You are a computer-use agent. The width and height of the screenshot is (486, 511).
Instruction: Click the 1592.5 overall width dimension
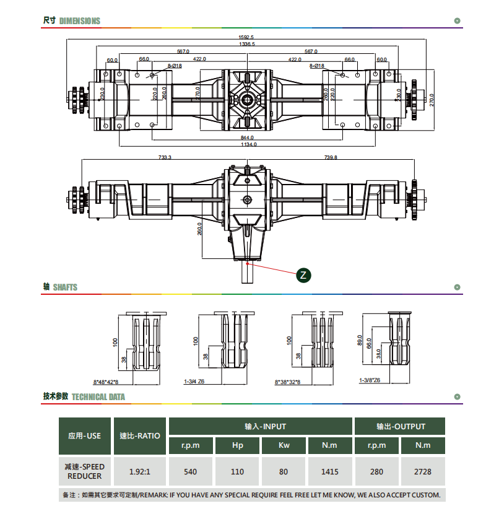[x=246, y=37]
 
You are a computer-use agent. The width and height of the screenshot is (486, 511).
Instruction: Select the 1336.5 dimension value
[x=247, y=44]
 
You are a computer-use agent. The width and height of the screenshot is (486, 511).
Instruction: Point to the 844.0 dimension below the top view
[x=247, y=138]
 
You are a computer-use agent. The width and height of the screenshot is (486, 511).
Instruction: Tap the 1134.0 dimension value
[x=248, y=144]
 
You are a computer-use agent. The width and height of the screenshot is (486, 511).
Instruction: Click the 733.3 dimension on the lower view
[x=165, y=157]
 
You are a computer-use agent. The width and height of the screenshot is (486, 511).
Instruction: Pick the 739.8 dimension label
[x=331, y=157]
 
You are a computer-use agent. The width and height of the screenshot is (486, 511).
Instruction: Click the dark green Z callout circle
[x=303, y=275]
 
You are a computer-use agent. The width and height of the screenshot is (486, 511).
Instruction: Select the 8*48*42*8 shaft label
[x=106, y=382]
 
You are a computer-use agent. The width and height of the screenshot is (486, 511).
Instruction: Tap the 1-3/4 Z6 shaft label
[x=194, y=382]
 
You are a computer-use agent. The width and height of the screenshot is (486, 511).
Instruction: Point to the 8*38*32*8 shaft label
[x=287, y=382]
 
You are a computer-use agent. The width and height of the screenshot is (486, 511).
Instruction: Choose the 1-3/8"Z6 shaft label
[x=370, y=380]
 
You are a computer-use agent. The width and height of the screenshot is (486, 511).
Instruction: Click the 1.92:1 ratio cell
[x=140, y=471]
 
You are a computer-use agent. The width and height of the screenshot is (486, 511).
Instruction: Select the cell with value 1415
[x=329, y=471]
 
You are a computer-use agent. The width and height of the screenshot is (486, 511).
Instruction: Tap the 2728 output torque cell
[x=423, y=471]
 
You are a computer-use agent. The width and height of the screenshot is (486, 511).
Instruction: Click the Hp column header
[x=238, y=445]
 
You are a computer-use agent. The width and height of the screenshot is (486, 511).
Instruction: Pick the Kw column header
[x=284, y=445]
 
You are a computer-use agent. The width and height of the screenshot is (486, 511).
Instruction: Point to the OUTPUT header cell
[x=400, y=426]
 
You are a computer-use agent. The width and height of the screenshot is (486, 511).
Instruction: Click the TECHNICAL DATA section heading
[x=98, y=397]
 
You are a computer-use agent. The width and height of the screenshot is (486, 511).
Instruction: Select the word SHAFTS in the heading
[x=65, y=287]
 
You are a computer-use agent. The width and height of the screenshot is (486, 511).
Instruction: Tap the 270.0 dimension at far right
[x=432, y=100]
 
